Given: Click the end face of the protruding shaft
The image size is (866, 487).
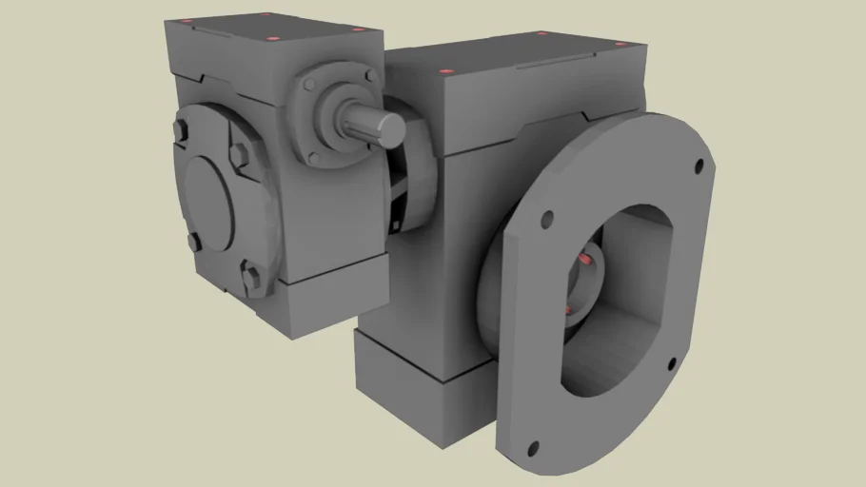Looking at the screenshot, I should coord(390,129).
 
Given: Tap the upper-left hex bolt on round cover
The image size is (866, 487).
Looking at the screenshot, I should coord(182,132).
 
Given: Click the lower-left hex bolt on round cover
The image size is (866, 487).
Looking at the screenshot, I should coord(194,242).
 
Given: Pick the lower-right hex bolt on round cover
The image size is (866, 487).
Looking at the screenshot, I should coord(251,278).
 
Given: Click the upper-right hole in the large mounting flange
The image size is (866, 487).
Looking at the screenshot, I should coord(699,166).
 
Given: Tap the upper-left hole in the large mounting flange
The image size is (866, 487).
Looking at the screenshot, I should coord(546,221).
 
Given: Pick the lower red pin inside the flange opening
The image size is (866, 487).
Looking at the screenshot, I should coord(568,311).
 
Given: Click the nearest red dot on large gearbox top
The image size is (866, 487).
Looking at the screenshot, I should coord(443,72).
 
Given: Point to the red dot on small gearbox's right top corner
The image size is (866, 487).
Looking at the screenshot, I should coord(358,29).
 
